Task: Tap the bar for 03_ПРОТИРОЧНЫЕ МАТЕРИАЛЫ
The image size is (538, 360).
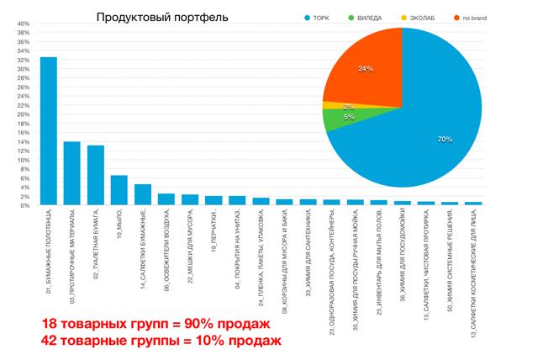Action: pos(72,173)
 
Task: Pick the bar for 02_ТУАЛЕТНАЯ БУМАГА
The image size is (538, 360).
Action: pos(96,175)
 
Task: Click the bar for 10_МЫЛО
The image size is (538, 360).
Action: pos(119,190)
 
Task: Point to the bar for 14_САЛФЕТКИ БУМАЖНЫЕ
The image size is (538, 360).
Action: pos(143,194)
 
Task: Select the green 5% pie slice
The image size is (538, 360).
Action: pos(337,121)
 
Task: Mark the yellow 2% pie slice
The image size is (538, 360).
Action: pos(330,106)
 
